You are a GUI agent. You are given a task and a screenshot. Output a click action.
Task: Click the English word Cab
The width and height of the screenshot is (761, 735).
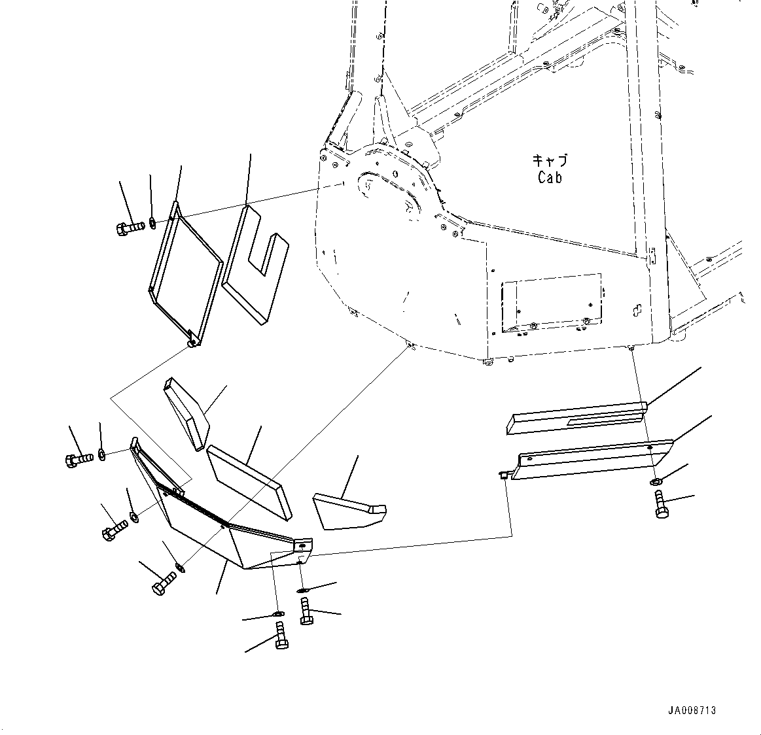550,177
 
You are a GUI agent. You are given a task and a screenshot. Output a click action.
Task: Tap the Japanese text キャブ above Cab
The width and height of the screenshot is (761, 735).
550,161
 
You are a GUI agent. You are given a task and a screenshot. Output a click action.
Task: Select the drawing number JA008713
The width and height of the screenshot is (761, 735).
692,710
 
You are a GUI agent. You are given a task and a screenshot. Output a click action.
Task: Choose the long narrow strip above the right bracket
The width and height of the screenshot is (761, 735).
576,419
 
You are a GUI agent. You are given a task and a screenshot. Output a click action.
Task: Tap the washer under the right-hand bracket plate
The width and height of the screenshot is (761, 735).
656,483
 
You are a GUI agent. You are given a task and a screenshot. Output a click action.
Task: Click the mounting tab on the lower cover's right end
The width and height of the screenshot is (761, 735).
303,544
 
